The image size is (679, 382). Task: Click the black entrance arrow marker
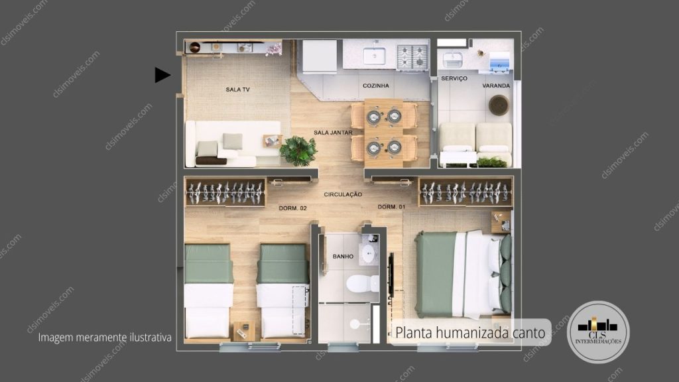(x=162, y=75)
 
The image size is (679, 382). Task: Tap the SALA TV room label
(x=237, y=89)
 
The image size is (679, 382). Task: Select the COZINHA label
(x=375, y=86)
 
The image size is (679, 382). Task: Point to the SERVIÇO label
(x=454, y=78)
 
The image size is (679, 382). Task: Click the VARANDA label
(x=496, y=86)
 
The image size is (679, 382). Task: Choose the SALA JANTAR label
(x=333, y=133)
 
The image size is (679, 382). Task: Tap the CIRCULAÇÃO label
(x=343, y=194)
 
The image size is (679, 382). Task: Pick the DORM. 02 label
(x=293, y=208)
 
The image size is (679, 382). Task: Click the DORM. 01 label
(x=391, y=207)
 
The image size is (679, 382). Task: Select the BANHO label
(x=342, y=256)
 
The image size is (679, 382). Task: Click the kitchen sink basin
(x=375, y=55)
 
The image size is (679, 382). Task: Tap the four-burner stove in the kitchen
(x=412, y=56)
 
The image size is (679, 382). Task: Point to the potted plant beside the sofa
(x=298, y=151)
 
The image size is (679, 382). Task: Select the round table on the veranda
(x=499, y=105)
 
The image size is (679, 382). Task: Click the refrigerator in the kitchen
(x=320, y=56)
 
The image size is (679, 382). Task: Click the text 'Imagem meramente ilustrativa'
(x=105, y=338)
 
